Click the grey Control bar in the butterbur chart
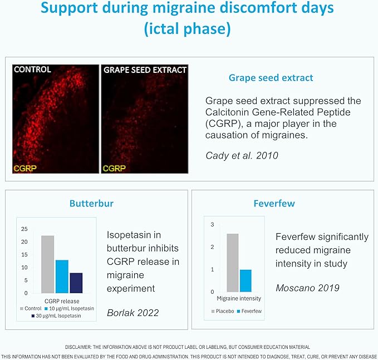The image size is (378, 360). point(47,264)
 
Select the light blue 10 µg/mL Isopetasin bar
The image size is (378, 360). point(62,277)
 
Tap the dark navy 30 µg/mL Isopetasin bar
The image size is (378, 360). point(76,283)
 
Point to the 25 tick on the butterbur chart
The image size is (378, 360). point(23,229)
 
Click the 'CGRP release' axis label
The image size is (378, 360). point(62,301)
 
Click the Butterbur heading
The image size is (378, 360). point(91,203)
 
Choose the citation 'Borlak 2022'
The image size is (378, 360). point(132,312)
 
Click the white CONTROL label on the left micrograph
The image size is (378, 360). point(32,70)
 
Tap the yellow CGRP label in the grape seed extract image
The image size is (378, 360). point(114,167)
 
